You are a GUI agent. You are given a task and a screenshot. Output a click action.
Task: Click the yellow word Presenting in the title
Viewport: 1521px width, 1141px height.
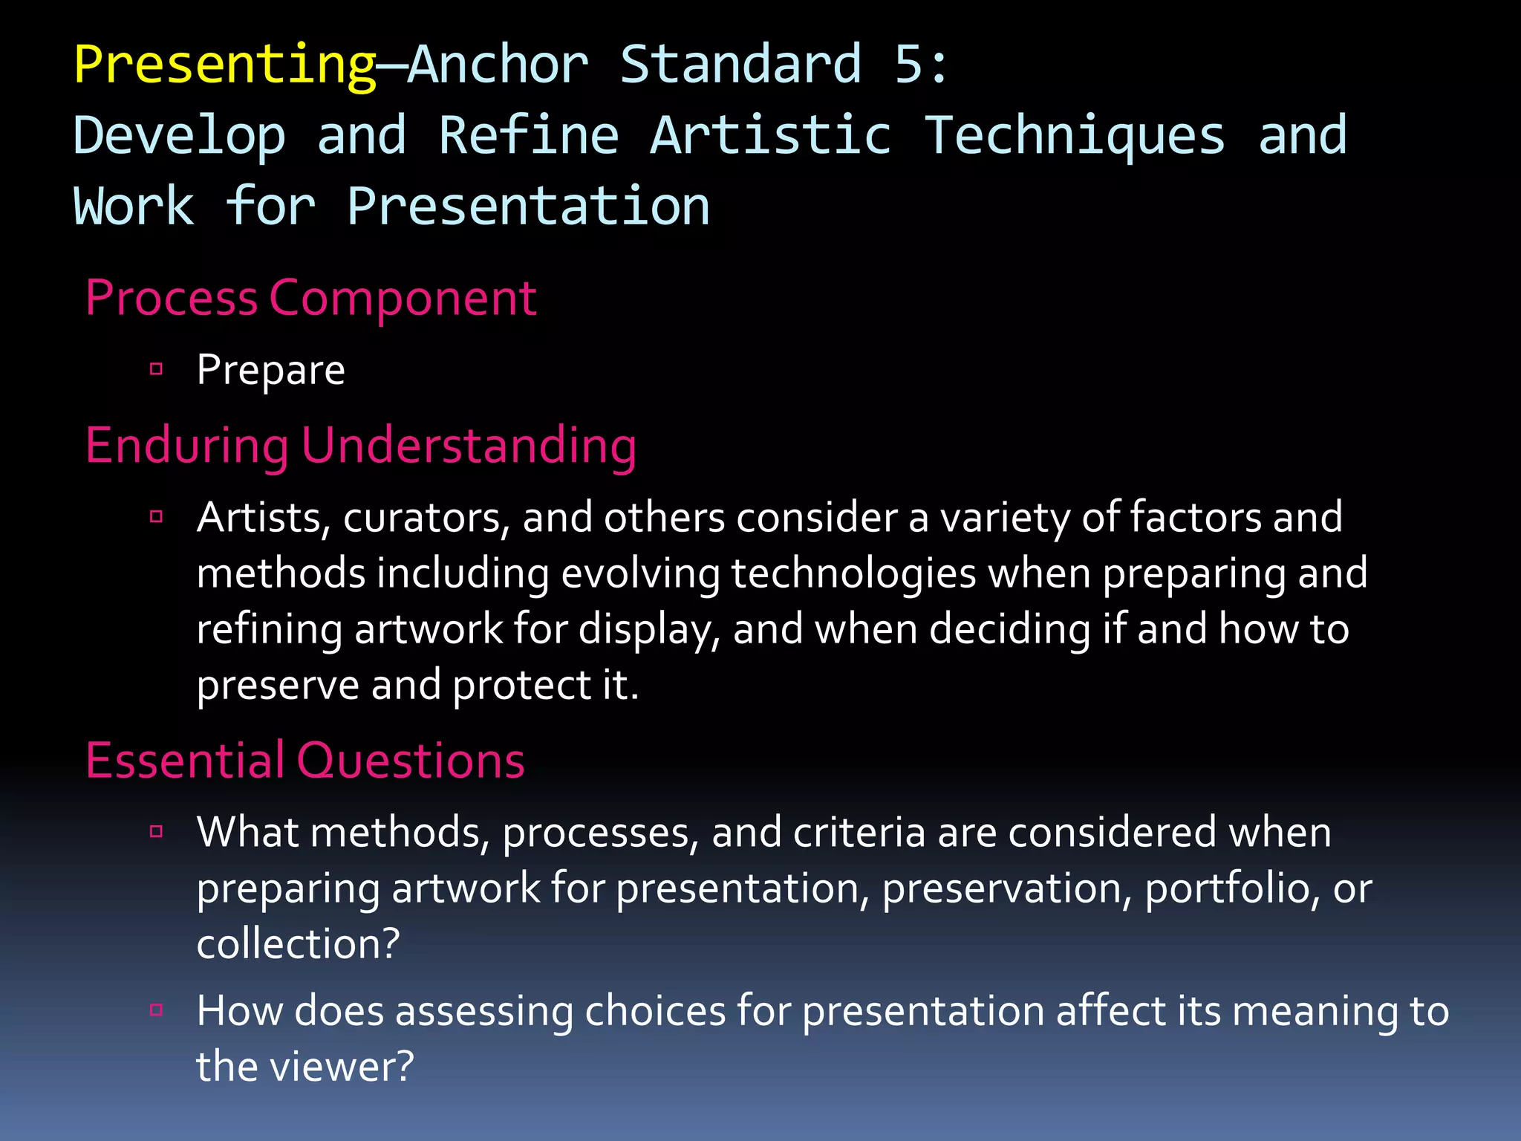coord(226,65)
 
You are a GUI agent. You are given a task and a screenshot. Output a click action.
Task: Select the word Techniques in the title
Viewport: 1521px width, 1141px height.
coord(1074,136)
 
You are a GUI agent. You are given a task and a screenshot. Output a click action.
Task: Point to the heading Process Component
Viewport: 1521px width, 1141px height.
coord(310,299)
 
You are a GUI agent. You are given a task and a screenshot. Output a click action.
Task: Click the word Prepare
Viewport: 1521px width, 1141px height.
coord(270,370)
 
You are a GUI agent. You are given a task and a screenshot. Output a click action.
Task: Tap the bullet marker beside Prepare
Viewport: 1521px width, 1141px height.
coord(156,368)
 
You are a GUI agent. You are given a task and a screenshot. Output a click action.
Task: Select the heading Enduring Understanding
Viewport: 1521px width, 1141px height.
coord(361,446)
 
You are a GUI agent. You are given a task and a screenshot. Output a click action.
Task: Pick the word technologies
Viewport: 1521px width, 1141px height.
coord(853,574)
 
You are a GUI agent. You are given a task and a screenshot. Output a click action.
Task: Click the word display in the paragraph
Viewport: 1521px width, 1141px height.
coord(648,630)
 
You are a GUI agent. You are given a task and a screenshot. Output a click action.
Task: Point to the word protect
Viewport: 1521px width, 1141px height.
coord(521,685)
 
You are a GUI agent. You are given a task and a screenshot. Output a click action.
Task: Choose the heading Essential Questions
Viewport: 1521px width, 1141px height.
coord(304,761)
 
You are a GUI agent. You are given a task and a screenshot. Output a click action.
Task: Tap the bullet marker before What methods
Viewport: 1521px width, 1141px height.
coord(156,831)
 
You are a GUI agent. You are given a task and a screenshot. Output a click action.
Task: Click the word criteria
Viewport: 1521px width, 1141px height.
coord(859,832)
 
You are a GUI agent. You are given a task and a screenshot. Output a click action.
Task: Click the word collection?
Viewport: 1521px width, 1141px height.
coord(298,944)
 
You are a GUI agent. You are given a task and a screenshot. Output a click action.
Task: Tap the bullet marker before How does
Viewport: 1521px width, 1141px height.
coord(156,1010)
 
